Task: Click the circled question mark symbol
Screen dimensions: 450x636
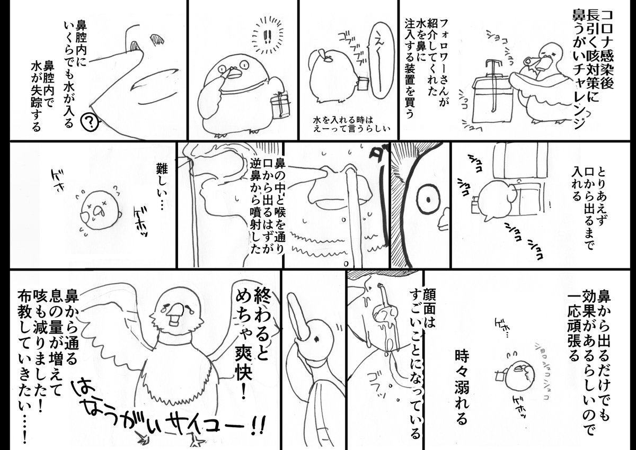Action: [91, 123]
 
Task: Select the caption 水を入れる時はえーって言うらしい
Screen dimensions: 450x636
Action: [352, 123]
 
